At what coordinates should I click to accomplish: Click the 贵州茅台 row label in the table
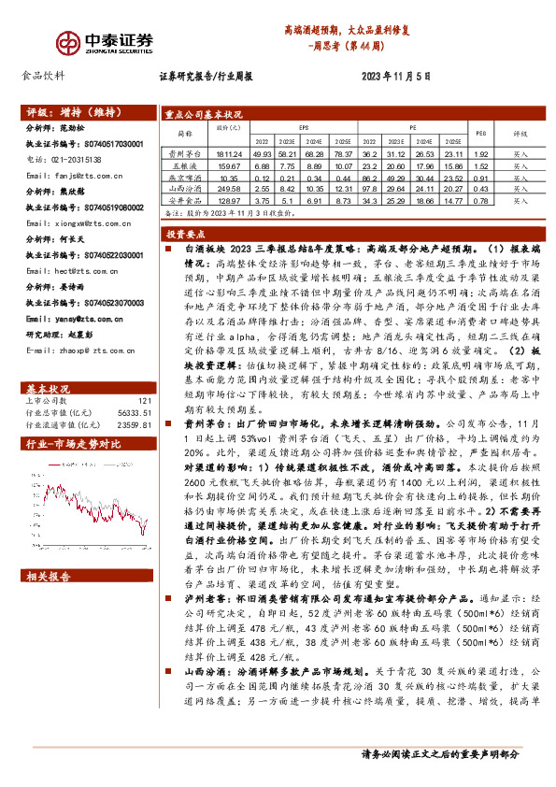[185, 152]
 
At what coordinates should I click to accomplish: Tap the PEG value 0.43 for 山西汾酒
[479, 188]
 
